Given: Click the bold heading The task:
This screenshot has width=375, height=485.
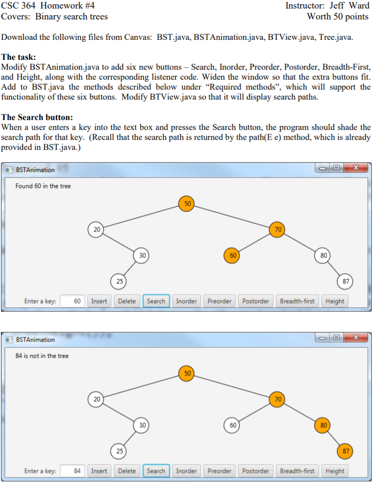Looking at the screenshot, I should (x=18, y=56).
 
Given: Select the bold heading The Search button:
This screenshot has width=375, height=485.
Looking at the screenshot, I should (x=37, y=117).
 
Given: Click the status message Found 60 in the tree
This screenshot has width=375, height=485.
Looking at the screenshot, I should (x=43, y=186).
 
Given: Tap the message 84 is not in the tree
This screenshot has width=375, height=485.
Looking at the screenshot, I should (x=42, y=356).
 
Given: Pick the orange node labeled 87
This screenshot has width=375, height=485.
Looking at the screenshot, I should (x=346, y=451).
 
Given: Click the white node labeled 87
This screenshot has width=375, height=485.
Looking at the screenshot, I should (x=346, y=281).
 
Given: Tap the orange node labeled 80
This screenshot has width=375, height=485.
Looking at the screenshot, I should (x=323, y=425).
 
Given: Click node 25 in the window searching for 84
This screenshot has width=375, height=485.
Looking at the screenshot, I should (x=119, y=451).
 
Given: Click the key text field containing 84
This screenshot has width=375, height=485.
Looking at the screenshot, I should (x=73, y=471).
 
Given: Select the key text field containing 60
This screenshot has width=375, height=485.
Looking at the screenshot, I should (x=73, y=301).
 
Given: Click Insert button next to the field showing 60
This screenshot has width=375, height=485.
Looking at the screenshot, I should (x=99, y=301).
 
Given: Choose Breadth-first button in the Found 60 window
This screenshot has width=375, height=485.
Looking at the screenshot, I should (x=297, y=301).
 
